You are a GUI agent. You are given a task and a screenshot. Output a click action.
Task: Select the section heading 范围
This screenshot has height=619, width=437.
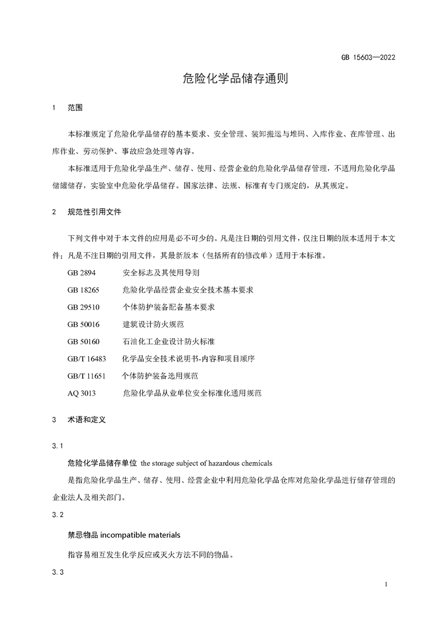(x=75, y=108)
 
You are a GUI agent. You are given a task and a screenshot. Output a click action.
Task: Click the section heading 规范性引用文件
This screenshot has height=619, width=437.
(x=94, y=211)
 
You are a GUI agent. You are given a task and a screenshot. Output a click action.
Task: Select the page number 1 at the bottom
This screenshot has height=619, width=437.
(x=387, y=584)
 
